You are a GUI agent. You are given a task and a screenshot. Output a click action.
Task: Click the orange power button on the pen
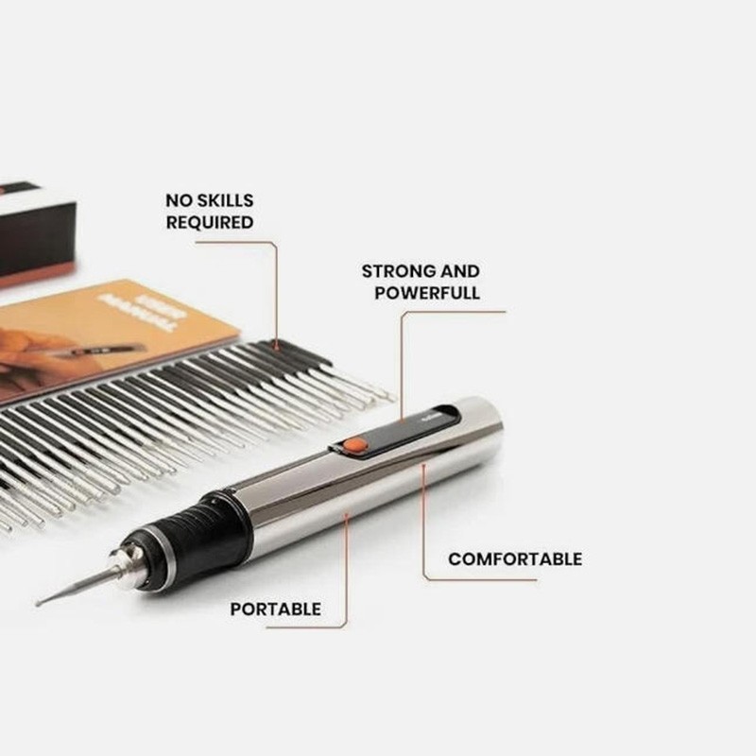(x=354, y=444)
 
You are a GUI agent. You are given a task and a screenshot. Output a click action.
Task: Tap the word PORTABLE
(x=276, y=610)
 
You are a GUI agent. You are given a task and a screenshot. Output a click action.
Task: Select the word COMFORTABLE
(x=515, y=558)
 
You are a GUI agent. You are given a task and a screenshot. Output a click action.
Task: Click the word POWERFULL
(x=427, y=293)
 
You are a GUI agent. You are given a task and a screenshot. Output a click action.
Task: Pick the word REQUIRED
(x=210, y=223)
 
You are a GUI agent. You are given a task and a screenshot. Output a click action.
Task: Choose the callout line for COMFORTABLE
(x=423, y=529)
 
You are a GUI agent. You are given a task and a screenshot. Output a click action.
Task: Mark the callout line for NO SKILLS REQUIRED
(x=276, y=293)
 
